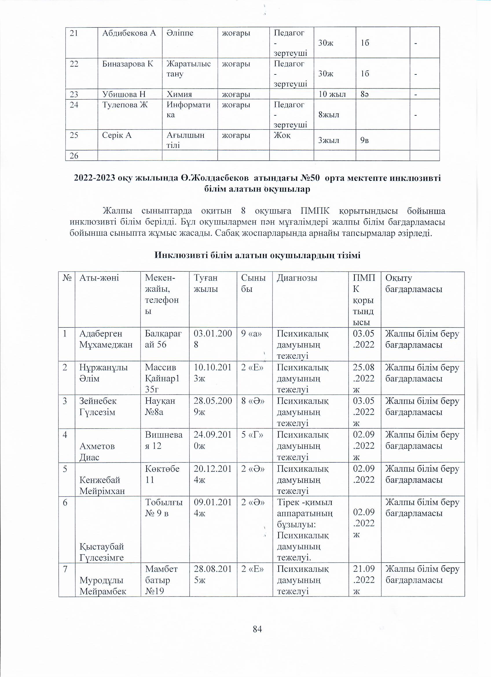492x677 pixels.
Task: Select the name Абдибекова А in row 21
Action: point(129,33)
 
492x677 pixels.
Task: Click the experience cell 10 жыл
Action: point(332,94)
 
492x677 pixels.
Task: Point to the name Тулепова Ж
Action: point(125,105)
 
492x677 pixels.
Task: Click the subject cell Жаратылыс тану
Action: point(189,69)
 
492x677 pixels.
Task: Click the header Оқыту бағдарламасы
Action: point(414,283)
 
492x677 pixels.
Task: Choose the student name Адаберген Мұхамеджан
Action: point(106,339)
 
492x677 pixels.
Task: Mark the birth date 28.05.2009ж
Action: point(213,406)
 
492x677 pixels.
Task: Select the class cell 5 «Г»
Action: point(252,435)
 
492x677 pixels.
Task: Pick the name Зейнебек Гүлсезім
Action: point(98,406)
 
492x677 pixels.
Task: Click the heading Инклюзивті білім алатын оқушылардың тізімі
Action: point(258,255)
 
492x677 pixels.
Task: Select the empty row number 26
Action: point(74,155)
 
